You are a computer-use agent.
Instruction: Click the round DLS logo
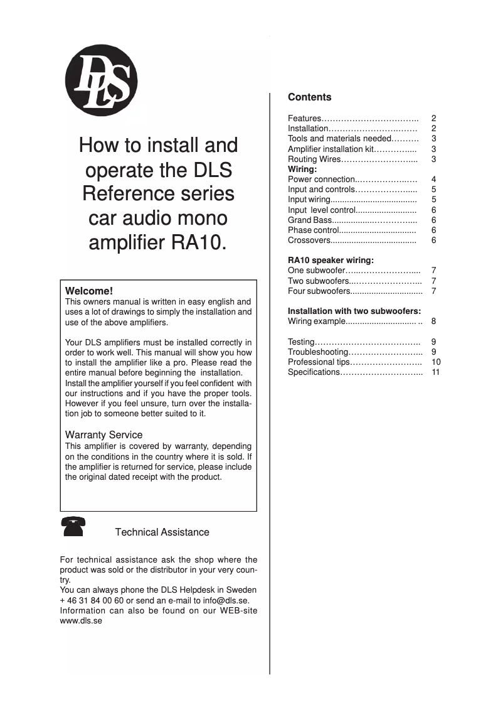pyautogui.click(x=101, y=81)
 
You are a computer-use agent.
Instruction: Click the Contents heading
pyautogui.click(x=309, y=97)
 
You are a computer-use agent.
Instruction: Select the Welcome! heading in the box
pyautogui.click(x=89, y=291)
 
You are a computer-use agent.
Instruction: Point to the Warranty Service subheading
pyautogui.click(x=103, y=434)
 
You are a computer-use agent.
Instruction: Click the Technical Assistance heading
pyautogui.click(x=162, y=532)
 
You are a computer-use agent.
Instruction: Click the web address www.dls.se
pyautogui.click(x=81, y=620)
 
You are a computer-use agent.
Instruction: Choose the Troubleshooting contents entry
pyautogui.click(x=317, y=352)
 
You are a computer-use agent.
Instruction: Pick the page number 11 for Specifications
pyautogui.click(x=436, y=372)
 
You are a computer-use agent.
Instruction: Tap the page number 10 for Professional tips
pyautogui.click(x=436, y=362)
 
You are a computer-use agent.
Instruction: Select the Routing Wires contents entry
pyautogui.click(x=314, y=159)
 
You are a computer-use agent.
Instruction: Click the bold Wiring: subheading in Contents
pyautogui.click(x=302, y=169)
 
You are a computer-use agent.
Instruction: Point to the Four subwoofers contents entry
pyautogui.click(x=319, y=291)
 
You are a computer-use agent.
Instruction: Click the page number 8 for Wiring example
pyautogui.click(x=433, y=321)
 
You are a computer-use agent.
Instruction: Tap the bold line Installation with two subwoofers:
pyautogui.click(x=354, y=311)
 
